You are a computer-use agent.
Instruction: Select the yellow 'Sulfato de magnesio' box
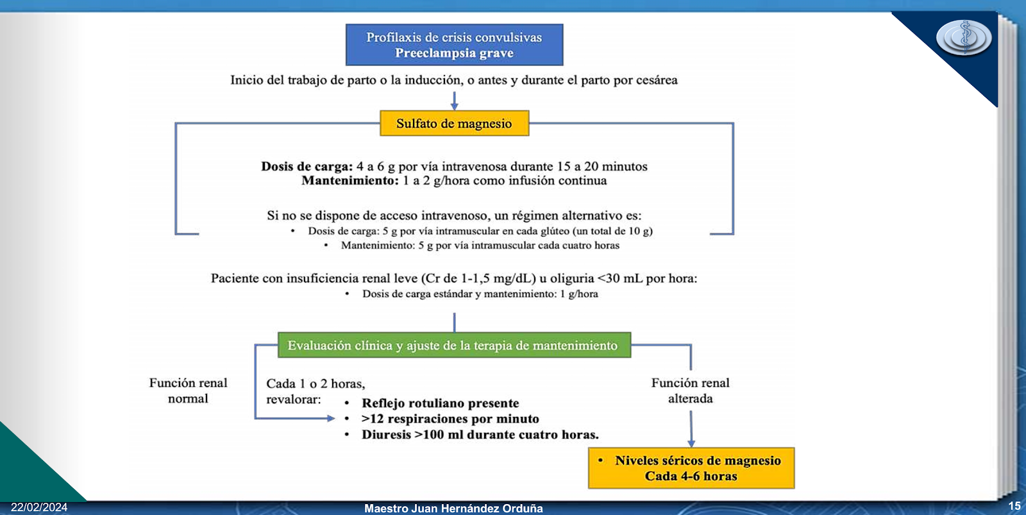pyautogui.click(x=454, y=123)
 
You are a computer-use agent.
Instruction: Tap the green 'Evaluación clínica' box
pyautogui.click(x=454, y=345)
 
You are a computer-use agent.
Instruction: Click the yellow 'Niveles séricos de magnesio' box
pyautogui.click(x=691, y=468)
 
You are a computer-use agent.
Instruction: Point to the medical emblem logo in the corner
pyautogui.click(x=963, y=37)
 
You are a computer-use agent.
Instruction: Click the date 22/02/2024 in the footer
pyautogui.click(x=39, y=507)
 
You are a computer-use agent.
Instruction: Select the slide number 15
pyautogui.click(x=1014, y=506)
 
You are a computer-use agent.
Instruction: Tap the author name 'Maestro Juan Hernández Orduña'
pyautogui.click(x=453, y=509)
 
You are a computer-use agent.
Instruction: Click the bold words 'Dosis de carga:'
pyautogui.click(x=307, y=167)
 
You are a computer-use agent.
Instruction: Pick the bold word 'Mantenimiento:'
pyautogui.click(x=350, y=181)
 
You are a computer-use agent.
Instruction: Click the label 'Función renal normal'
pyautogui.click(x=188, y=391)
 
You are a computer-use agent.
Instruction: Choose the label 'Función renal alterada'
pyautogui.click(x=690, y=391)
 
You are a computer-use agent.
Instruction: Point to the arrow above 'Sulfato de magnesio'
pyautogui.click(x=454, y=101)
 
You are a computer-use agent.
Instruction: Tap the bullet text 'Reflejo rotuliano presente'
pyautogui.click(x=440, y=403)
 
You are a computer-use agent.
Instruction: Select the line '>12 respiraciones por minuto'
pyautogui.click(x=450, y=419)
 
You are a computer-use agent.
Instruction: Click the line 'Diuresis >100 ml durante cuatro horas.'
pyautogui.click(x=480, y=435)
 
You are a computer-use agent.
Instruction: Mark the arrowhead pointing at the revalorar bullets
pyautogui.click(x=330, y=418)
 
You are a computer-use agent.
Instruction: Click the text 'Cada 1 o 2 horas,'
pyautogui.click(x=315, y=384)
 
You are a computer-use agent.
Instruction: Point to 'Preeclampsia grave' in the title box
pyautogui.click(x=454, y=53)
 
